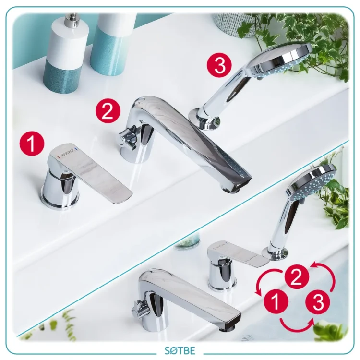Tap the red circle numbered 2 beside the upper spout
108,111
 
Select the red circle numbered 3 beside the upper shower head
220,65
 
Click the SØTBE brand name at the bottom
180,350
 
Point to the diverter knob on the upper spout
126,138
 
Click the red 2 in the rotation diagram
297,277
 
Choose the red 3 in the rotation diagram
318,301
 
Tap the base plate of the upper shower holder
204,120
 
